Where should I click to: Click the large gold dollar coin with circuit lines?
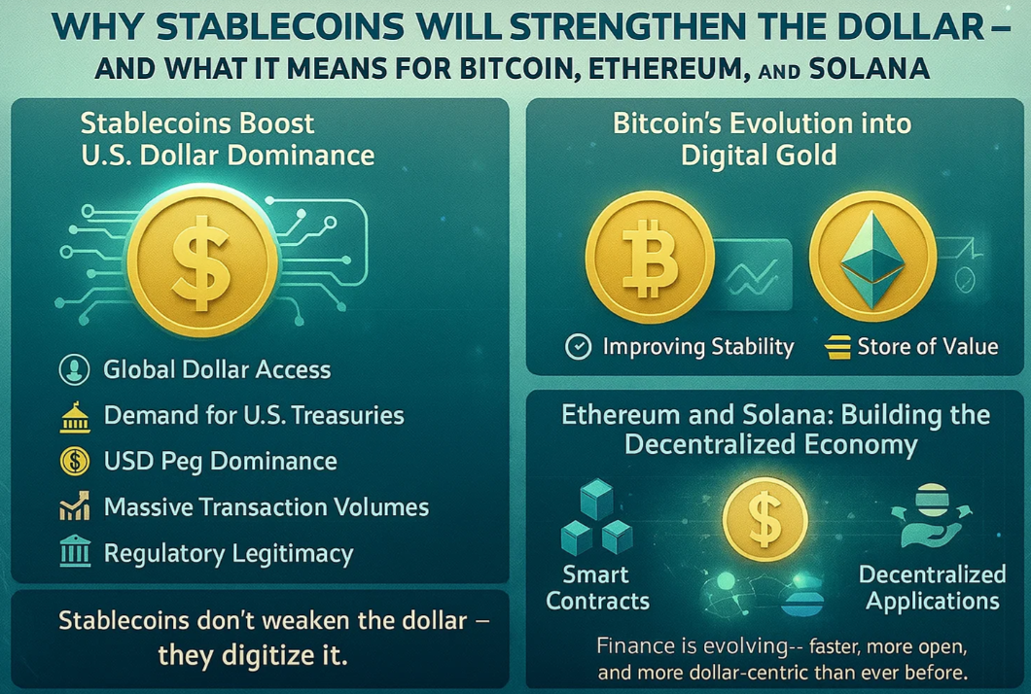point(201,257)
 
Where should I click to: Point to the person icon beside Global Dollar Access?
point(74,369)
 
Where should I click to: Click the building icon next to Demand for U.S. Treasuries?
point(74,416)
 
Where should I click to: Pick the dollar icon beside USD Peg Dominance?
point(74,462)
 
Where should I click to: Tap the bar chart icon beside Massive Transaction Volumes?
point(74,507)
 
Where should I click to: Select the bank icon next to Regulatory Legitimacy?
point(74,553)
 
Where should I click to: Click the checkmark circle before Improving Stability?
point(578,347)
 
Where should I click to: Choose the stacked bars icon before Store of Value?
point(836,347)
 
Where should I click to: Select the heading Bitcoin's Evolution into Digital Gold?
point(762,139)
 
